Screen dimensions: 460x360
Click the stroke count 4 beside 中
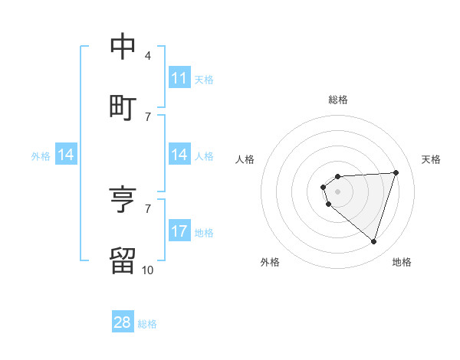[x=148, y=55]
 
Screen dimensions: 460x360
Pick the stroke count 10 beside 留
[x=147, y=270]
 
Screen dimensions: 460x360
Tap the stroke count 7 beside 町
[x=148, y=116]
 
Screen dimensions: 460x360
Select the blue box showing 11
[x=179, y=78]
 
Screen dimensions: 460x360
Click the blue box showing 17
[x=179, y=231]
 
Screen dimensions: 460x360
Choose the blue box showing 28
[x=123, y=322]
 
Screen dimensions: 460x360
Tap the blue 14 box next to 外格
[x=66, y=155]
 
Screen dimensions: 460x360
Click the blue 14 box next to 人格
[x=179, y=155]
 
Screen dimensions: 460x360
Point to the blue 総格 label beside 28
[x=147, y=324]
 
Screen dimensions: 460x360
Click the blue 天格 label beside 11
[x=204, y=79]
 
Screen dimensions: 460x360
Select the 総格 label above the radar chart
[x=338, y=100]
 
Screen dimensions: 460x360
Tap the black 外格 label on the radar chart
[x=270, y=262]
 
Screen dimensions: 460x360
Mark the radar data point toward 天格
[x=396, y=172]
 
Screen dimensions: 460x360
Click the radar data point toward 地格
[x=373, y=242]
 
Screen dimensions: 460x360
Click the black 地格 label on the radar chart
[x=402, y=262]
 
